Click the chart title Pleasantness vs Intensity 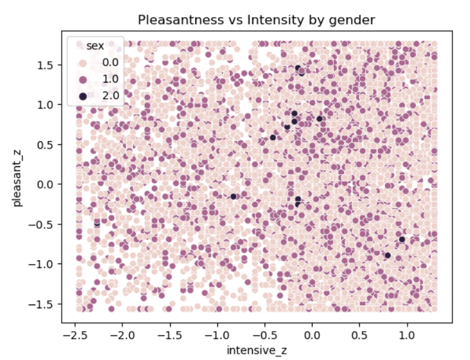click(256, 20)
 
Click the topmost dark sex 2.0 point click(299, 68)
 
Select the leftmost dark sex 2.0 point click(97, 223)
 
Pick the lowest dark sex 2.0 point click(387, 255)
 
